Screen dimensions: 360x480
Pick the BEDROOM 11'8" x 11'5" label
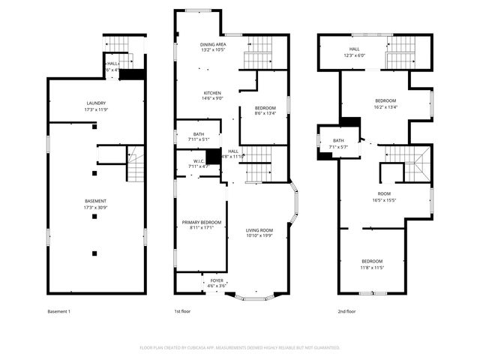373,264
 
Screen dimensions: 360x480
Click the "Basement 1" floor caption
58,311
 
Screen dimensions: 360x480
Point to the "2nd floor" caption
346,311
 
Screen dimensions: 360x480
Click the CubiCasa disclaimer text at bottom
240,348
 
